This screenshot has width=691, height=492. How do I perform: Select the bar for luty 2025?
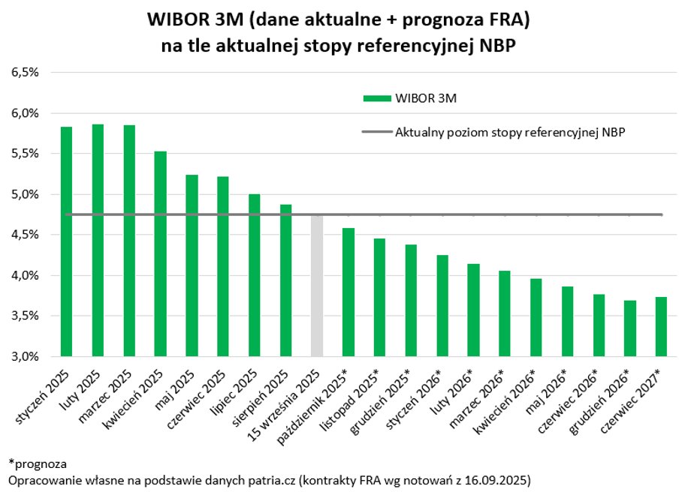click(98, 240)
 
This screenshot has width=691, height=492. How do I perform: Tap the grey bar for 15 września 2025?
click(317, 286)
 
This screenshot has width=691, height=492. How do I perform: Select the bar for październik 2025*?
click(348, 292)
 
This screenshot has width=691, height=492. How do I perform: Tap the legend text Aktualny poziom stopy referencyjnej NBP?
click(511, 132)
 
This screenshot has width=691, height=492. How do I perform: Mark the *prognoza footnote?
click(38, 463)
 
